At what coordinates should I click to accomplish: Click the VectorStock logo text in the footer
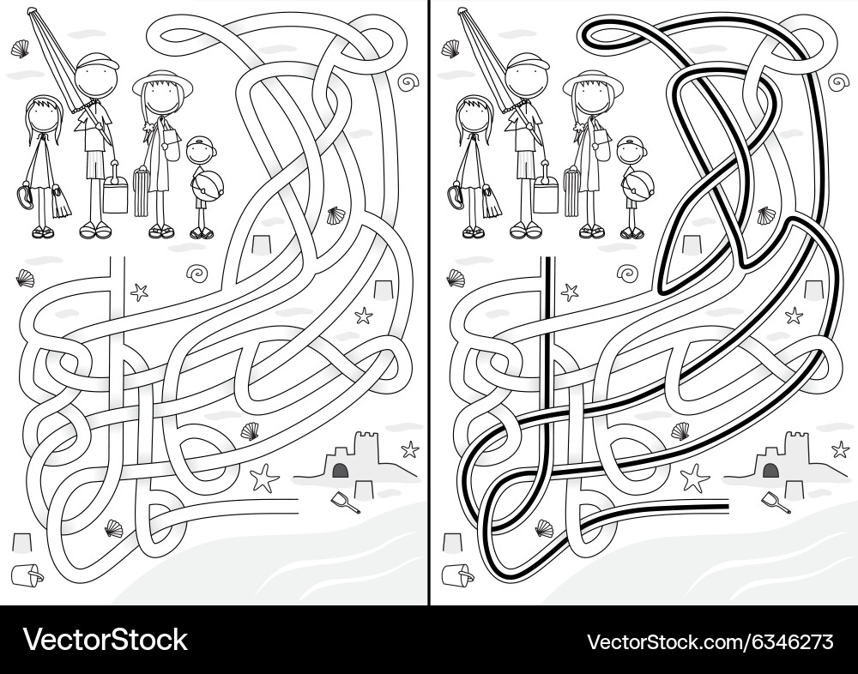(105, 640)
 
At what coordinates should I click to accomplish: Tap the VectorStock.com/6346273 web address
(710, 641)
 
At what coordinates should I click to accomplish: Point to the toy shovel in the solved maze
(775, 502)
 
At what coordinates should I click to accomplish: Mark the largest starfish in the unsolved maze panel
(264, 477)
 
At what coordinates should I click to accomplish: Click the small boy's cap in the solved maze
(631, 143)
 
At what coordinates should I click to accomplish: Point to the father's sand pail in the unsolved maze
(114, 194)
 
